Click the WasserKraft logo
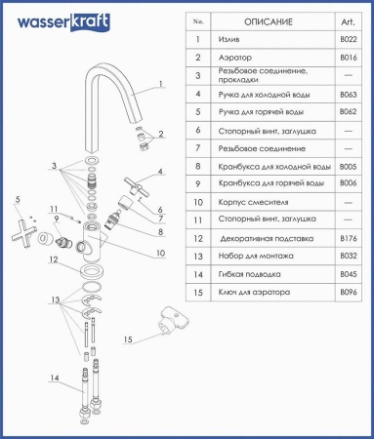63,22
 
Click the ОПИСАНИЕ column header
269,22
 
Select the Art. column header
348,22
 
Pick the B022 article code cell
349,39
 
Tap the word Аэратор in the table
235,58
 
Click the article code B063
349,95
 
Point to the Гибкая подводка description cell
249,274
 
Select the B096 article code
349,292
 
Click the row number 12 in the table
198,239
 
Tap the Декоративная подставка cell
267,239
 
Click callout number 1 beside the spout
160,84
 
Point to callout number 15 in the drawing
128,339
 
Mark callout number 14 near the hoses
55,378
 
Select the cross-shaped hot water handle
23,230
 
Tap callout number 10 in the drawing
161,253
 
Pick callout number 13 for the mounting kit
56,299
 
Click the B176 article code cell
349,238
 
